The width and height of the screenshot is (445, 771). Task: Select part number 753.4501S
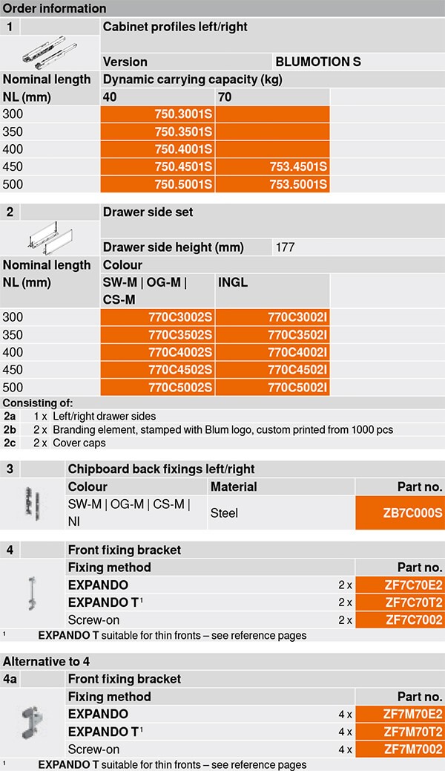click(297, 166)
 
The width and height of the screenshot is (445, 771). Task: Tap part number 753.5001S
click(297, 183)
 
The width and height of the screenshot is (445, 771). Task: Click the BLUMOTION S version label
click(317, 62)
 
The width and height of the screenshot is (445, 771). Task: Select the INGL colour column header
click(233, 282)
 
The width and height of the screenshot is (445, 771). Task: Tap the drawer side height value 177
click(285, 247)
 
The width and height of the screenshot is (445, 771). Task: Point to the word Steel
click(224, 513)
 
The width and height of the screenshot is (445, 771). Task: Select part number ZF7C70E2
click(414, 585)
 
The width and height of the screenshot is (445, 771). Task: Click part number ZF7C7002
click(414, 620)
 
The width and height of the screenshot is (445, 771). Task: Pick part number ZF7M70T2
click(414, 732)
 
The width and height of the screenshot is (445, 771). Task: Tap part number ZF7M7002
click(414, 749)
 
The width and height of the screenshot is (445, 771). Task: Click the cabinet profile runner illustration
click(50, 52)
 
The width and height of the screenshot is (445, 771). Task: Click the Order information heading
click(55, 8)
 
